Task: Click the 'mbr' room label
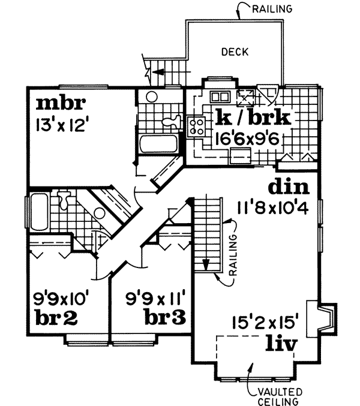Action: pyautogui.click(x=61, y=104)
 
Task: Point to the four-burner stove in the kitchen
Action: pyautogui.click(x=197, y=126)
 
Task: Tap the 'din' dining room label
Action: pyautogui.click(x=289, y=187)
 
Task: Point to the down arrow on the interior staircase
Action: pyautogui.click(x=205, y=264)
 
